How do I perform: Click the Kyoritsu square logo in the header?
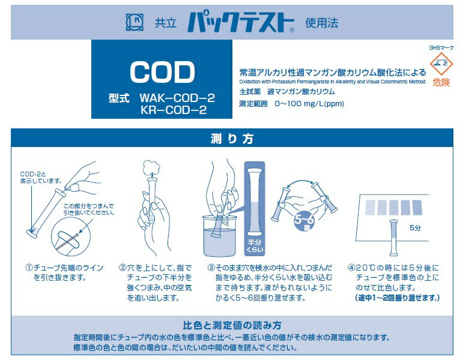[x=135, y=22]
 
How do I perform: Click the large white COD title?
[x=162, y=72]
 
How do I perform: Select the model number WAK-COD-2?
[x=177, y=98]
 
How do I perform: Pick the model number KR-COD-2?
[x=174, y=110]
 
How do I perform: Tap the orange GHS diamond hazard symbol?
[x=441, y=64]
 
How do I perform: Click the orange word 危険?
[x=441, y=82]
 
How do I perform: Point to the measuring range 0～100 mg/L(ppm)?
[x=309, y=104]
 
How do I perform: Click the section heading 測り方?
[x=232, y=139]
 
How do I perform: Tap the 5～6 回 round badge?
[x=304, y=220]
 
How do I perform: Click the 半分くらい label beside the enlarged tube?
[x=255, y=246]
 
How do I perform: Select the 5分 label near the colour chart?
[x=415, y=228]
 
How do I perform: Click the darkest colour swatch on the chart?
[x=417, y=207]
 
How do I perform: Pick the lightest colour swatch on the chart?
[x=370, y=208]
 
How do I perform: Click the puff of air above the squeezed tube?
[x=152, y=167]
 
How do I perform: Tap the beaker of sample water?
[x=220, y=236]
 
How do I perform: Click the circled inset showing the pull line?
[x=70, y=237]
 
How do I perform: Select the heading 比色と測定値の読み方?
[x=232, y=325]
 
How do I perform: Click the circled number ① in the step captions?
[x=29, y=268]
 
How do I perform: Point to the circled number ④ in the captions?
[x=351, y=268]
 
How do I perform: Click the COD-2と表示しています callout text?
[x=41, y=178]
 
